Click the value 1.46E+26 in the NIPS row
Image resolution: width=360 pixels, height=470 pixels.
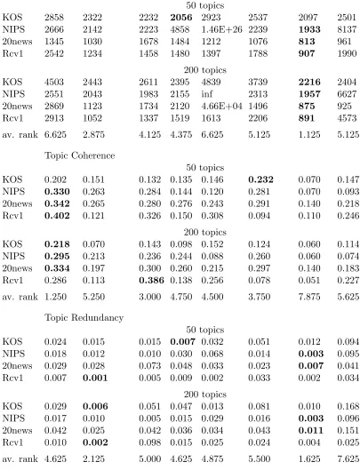[x=221, y=29]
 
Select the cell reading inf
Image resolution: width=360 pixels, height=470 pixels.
[x=207, y=94]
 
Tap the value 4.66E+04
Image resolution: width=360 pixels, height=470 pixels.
[x=221, y=106]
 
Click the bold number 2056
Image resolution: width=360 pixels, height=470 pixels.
[x=181, y=18]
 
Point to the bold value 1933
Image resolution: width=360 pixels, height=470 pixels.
[x=309, y=29]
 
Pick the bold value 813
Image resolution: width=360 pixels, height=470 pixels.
[x=307, y=42]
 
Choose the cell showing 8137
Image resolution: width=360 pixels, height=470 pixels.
[x=347, y=29]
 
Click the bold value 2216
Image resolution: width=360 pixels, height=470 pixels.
[x=309, y=82]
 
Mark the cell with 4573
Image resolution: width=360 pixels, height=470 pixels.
[x=347, y=118]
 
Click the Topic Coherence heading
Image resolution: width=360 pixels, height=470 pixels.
[x=80, y=155]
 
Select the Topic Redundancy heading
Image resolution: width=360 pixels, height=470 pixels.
[x=84, y=317]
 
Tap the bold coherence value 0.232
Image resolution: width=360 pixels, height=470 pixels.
[x=260, y=179]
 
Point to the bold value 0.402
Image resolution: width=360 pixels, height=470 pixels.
[x=57, y=216]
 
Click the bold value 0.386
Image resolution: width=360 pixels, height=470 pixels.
[x=151, y=280]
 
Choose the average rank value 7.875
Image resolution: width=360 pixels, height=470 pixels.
[x=309, y=297]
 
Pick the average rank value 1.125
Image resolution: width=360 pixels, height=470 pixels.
[x=309, y=134]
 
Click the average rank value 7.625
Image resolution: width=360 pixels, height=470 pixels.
[x=348, y=459]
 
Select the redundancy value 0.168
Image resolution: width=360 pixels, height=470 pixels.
[x=348, y=406]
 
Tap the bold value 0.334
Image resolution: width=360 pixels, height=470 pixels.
[x=57, y=268]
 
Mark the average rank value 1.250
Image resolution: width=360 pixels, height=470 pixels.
[x=55, y=297]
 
